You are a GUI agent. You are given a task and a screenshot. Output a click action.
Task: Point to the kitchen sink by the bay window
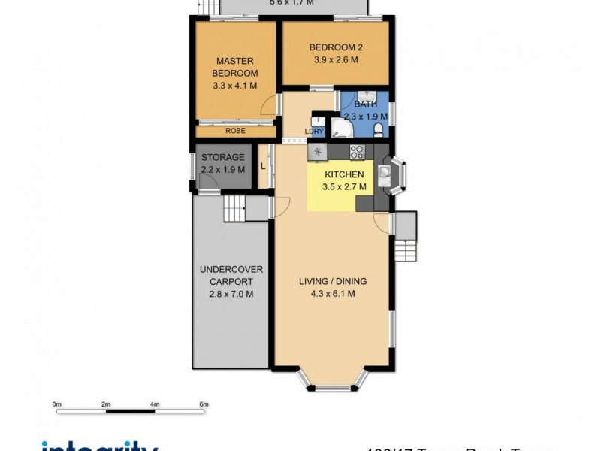[x=384, y=176]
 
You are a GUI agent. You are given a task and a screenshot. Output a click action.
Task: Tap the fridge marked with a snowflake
[x=318, y=151]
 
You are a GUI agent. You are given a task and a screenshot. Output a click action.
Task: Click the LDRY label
[x=314, y=132]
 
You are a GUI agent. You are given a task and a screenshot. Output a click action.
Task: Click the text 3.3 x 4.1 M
[x=235, y=86]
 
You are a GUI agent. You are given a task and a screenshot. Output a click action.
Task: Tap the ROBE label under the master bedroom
[x=235, y=130]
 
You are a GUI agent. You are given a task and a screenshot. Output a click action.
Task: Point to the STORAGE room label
[x=223, y=157]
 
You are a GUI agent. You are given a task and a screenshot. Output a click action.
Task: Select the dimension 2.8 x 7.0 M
[x=231, y=294]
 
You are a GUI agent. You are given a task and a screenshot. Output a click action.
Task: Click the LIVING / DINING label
[x=333, y=281]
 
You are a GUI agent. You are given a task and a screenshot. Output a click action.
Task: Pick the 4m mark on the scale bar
[x=155, y=404]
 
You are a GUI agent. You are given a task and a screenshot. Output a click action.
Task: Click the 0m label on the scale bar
[x=56, y=404]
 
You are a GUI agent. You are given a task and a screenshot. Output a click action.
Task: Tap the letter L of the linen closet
[x=262, y=166]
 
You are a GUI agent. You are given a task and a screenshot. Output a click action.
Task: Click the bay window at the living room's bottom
[x=333, y=387]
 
